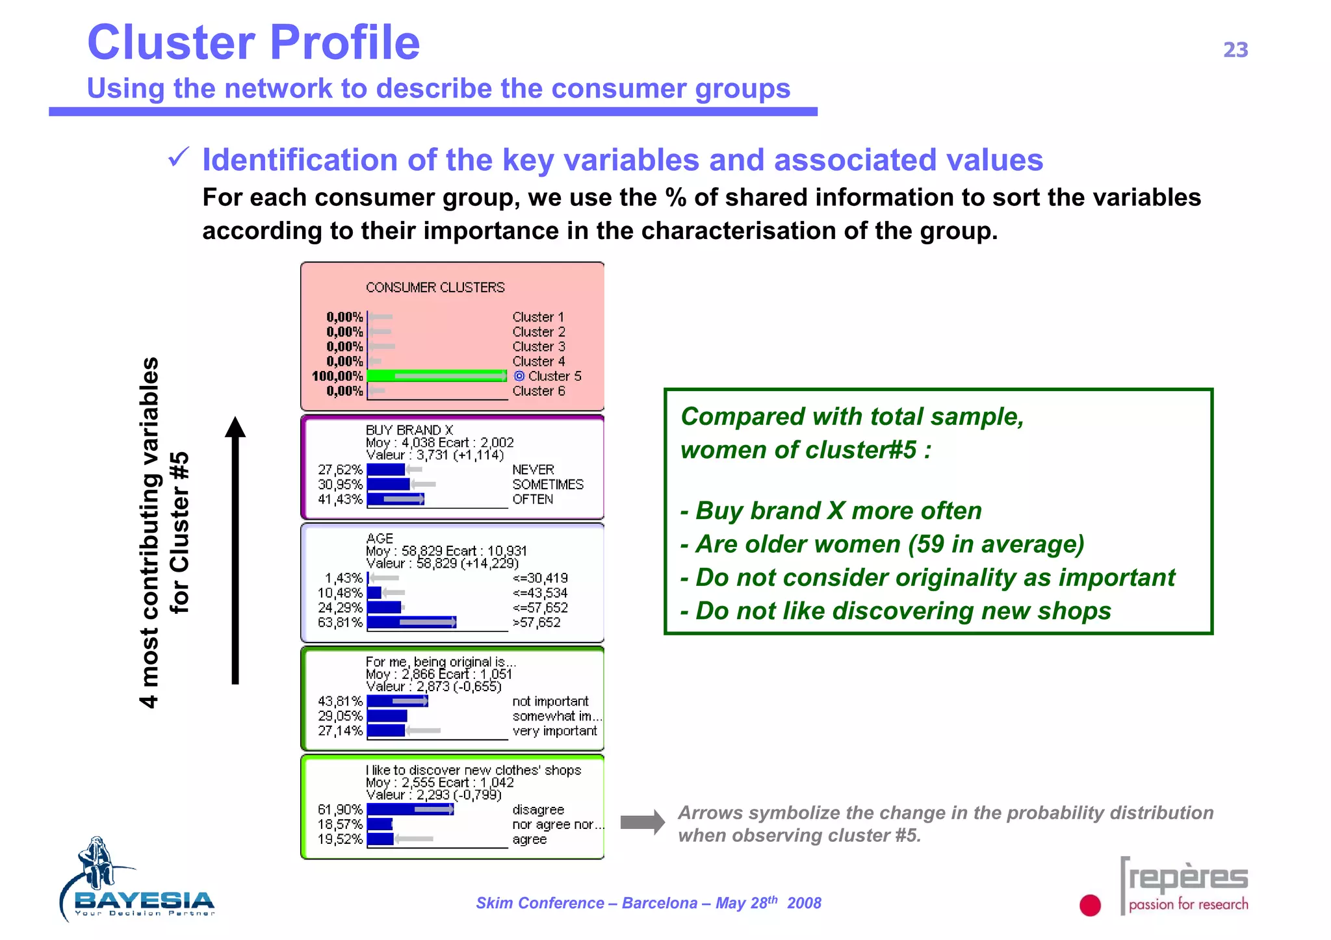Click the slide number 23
point(1235,50)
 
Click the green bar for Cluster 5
point(436,376)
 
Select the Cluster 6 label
point(538,391)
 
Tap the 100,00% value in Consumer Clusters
point(337,376)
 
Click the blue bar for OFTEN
point(395,499)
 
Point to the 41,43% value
point(340,499)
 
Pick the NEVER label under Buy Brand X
point(533,470)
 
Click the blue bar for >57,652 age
point(411,622)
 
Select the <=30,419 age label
point(539,578)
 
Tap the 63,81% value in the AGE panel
point(340,622)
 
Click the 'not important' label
point(550,702)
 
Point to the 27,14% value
point(340,731)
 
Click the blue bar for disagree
point(410,809)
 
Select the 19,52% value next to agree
point(340,839)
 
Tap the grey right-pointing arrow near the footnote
point(642,822)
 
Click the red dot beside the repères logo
point(1090,905)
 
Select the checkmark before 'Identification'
point(178,157)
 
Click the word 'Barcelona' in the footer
point(659,903)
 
